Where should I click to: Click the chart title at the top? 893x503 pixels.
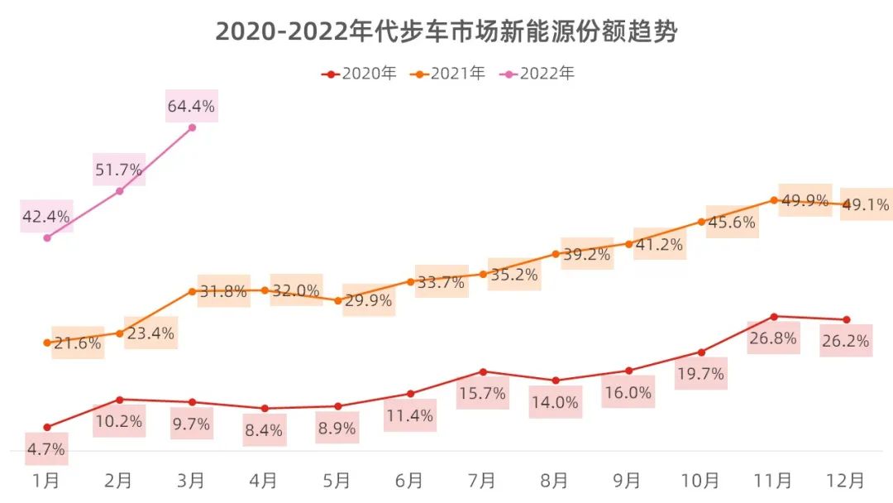[x=446, y=31]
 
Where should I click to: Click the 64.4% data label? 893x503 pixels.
[x=191, y=106]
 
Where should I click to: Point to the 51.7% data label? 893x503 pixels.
[x=119, y=170]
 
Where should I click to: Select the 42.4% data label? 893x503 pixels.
[x=46, y=217]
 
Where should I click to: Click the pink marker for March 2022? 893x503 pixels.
[x=192, y=127]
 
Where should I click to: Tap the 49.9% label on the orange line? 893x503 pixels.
[x=805, y=200]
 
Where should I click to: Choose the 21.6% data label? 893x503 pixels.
[x=78, y=343]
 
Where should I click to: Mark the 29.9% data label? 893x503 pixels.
[x=368, y=301]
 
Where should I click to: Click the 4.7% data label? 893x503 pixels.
[x=46, y=450]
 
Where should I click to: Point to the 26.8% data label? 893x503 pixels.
[x=773, y=338]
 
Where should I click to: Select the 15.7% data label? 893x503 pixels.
[x=483, y=394]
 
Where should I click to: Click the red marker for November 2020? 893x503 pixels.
[x=774, y=316]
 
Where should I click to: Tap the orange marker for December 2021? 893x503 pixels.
[x=846, y=204]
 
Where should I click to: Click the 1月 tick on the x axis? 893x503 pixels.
[x=46, y=480]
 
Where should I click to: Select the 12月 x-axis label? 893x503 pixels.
[x=846, y=480]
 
